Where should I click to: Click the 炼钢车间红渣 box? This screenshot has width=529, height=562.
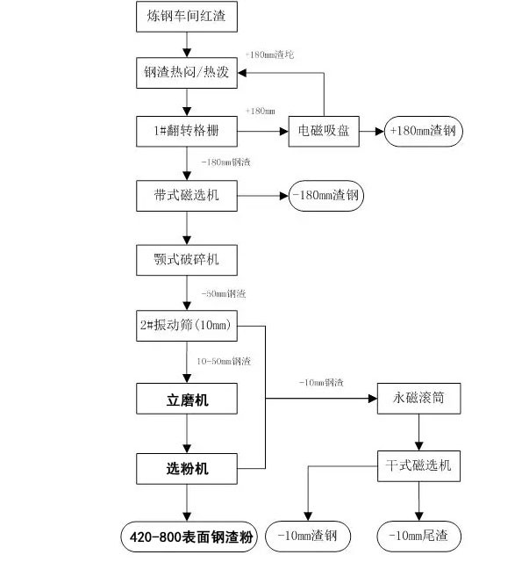(187, 16)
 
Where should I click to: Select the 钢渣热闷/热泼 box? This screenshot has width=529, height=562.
(187, 72)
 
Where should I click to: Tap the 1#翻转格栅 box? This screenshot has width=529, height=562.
(187, 132)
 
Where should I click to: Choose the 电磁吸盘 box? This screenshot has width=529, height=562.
(325, 132)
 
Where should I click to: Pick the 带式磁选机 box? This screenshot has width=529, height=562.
(187, 196)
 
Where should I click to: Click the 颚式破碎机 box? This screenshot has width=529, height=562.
(187, 260)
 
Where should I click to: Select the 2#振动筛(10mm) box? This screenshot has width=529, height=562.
(187, 326)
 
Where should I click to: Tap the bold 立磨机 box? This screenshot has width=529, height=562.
(187, 401)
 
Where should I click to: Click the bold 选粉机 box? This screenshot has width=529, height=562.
(187, 468)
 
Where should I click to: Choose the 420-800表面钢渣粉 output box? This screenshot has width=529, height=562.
(187, 535)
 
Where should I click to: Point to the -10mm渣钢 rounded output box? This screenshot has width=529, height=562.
(306, 535)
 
